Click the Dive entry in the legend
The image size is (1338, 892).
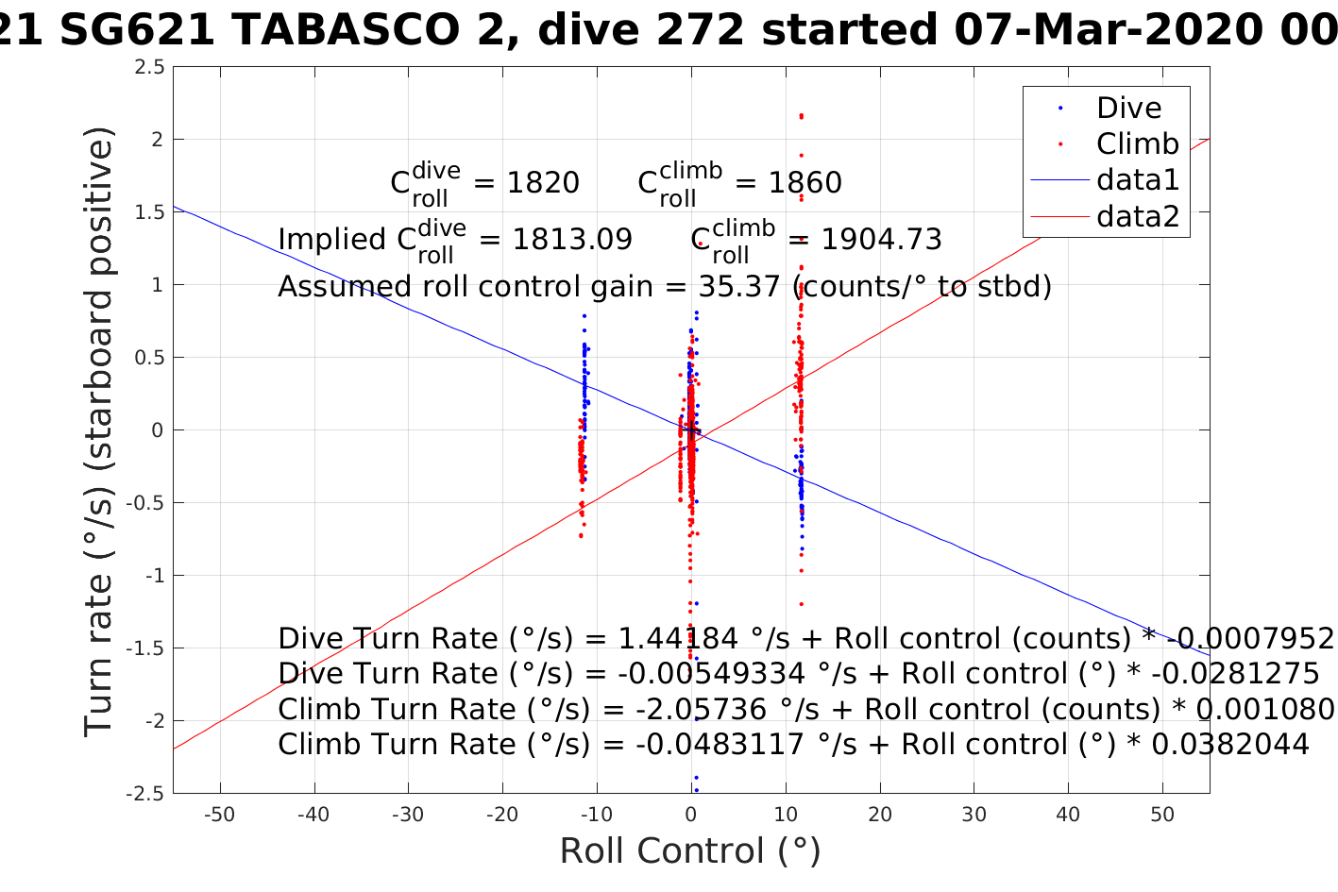[1128, 108]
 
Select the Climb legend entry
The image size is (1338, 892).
[1137, 143]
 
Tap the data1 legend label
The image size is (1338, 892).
[1138, 179]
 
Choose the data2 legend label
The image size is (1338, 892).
[1138, 216]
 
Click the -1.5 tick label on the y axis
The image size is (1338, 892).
[146, 648]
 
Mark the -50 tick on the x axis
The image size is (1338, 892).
[219, 815]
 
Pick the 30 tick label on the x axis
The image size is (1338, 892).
[974, 815]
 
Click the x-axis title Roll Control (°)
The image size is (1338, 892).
[690, 851]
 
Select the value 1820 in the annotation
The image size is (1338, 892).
[543, 182]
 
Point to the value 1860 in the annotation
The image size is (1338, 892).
[804, 182]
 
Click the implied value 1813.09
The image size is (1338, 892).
[572, 240]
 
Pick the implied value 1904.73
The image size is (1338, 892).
[881, 240]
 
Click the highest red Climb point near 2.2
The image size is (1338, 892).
[801, 116]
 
